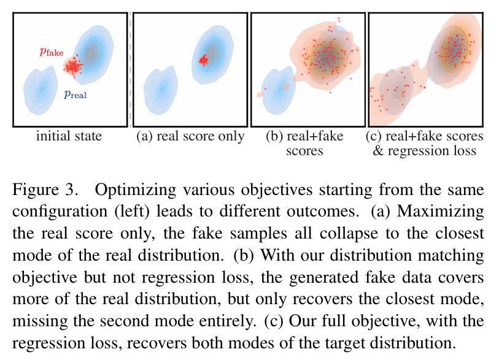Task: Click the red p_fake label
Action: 52,53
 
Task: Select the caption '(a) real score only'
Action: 190,136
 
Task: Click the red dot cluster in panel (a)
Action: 203,59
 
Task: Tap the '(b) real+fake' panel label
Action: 304,136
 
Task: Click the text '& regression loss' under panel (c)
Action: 424,150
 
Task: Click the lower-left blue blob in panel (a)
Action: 160,90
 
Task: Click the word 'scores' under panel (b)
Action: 304,150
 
